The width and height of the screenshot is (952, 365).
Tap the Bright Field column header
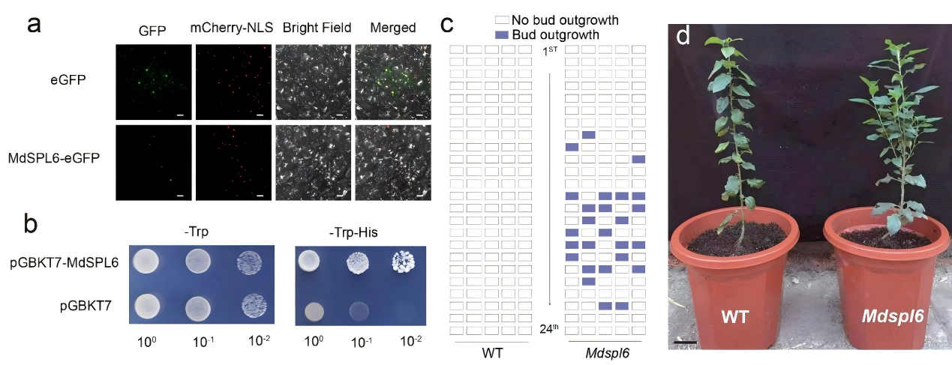[316, 28]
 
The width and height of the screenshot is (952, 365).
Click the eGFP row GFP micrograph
[152, 82]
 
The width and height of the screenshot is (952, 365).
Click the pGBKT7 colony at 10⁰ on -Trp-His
[308, 310]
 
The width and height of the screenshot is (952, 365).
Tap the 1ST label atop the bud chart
[551, 50]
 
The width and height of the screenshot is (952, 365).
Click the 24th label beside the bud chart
[551, 328]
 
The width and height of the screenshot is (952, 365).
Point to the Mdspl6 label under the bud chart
[607, 351]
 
